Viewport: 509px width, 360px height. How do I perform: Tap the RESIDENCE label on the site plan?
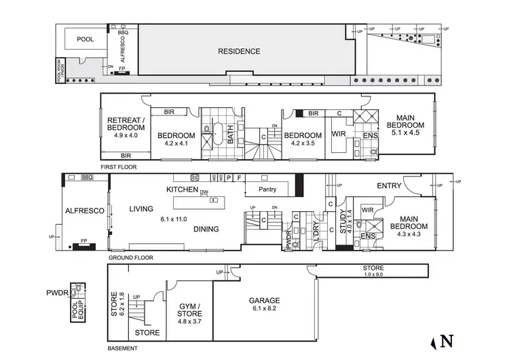coord(238,52)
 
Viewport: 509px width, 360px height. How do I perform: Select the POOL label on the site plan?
coord(85,40)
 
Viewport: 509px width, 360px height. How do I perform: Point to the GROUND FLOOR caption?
coord(130,258)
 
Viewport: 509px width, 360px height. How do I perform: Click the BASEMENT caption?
coord(122,348)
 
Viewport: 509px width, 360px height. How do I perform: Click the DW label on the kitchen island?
coord(204,192)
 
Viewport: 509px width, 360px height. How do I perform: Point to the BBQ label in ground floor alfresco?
coord(87,177)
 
